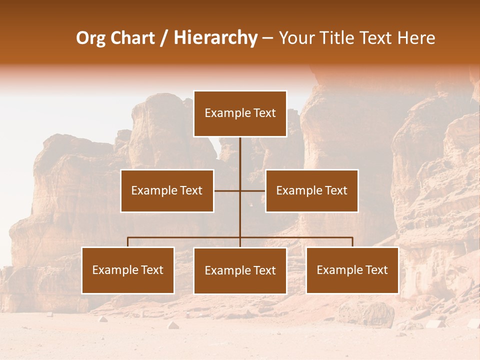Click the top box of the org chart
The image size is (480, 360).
click(x=240, y=113)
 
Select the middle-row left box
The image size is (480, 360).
click(x=167, y=190)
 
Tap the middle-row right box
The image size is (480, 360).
click(x=311, y=190)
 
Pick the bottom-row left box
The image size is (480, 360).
click(x=128, y=270)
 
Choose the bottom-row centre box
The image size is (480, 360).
click(x=240, y=270)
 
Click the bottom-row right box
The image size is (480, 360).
click(x=352, y=270)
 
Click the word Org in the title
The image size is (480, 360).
click(x=90, y=38)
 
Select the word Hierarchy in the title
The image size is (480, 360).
click(x=215, y=38)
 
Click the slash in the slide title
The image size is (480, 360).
click(x=164, y=38)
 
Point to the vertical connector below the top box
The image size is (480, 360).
click(x=240, y=155)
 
